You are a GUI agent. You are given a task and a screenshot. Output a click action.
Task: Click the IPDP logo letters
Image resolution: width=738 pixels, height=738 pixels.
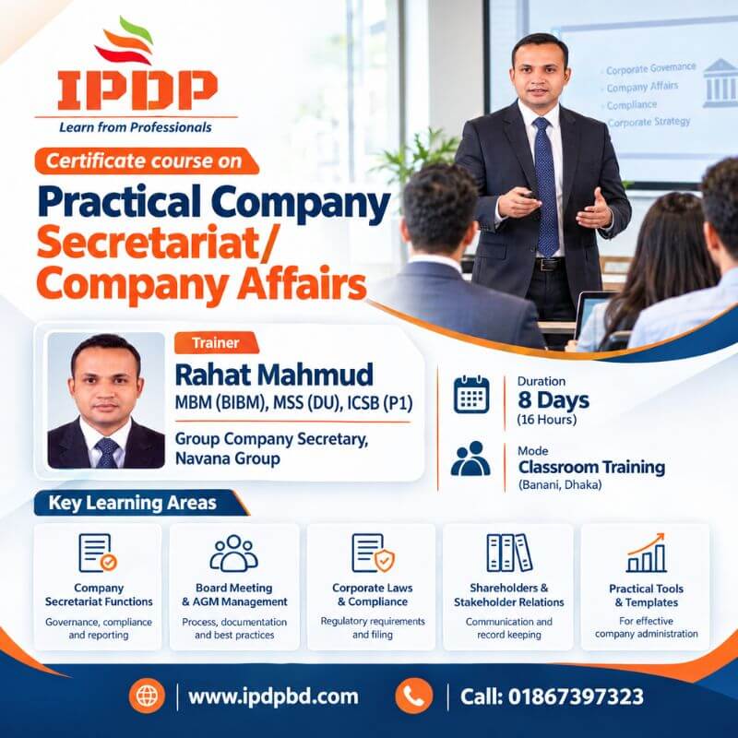[x=137, y=90]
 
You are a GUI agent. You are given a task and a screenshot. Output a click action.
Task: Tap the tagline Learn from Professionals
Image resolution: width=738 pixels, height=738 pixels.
[x=136, y=127]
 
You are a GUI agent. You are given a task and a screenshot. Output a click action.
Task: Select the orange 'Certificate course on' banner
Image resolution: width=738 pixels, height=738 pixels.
[x=147, y=161]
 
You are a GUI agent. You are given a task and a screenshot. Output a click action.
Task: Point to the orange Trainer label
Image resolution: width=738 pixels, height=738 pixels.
[x=216, y=342]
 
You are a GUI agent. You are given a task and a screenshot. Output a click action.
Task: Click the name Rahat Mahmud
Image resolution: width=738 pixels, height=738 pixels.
[x=274, y=375]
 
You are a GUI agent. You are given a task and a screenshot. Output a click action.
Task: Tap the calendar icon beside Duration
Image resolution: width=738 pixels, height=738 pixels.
[x=471, y=395]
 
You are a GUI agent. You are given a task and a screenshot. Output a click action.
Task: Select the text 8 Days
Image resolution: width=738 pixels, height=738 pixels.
[x=553, y=400]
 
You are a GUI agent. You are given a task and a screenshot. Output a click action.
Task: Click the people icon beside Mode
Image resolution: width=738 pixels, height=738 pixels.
[x=470, y=458]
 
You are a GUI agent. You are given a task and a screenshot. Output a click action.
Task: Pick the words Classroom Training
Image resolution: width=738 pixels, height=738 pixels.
[x=591, y=467]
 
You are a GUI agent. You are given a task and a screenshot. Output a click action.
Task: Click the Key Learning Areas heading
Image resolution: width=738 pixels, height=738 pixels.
[x=132, y=503]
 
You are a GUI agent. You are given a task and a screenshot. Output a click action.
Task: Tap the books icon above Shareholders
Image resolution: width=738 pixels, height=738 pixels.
[x=509, y=553]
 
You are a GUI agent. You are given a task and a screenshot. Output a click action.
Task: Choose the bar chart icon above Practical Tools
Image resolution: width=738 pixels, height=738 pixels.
[x=647, y=553]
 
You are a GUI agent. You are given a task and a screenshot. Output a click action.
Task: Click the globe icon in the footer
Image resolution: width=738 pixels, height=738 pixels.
[x=147, y=696]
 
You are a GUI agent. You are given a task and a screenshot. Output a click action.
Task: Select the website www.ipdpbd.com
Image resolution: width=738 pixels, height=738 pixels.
[x=273, y=696]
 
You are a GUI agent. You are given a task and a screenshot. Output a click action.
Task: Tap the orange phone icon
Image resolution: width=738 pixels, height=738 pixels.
[x=414, y=696]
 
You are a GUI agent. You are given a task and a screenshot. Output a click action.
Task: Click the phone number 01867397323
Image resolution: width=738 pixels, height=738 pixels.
[x=576, y=696]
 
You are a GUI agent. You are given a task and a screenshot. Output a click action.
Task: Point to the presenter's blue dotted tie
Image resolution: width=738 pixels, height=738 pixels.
[x=546, y=186]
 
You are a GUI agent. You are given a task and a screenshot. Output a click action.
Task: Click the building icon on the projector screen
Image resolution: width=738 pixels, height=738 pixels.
[x=720, y=83]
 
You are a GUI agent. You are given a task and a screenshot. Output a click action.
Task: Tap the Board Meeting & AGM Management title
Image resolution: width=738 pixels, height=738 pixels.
[x=234, y=594]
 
